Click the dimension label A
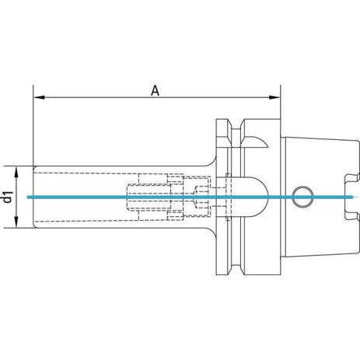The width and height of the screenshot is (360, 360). click(x=155, y=91)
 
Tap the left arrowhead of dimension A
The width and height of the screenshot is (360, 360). click(x=39, y=97)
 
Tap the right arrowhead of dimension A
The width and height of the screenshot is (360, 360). click(x=274, y=97)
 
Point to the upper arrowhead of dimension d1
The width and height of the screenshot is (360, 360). click(x=16, y=172)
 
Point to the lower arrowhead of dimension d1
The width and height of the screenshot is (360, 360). click(x=16, y=222)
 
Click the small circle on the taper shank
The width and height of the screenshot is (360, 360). click(x=302, y=197)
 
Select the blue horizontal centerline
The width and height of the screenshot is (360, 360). click(x=190, y=197)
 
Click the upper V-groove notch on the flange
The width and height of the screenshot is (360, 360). click(x=236, y=125)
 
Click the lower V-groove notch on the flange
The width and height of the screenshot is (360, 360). click(x=236, y=269)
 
